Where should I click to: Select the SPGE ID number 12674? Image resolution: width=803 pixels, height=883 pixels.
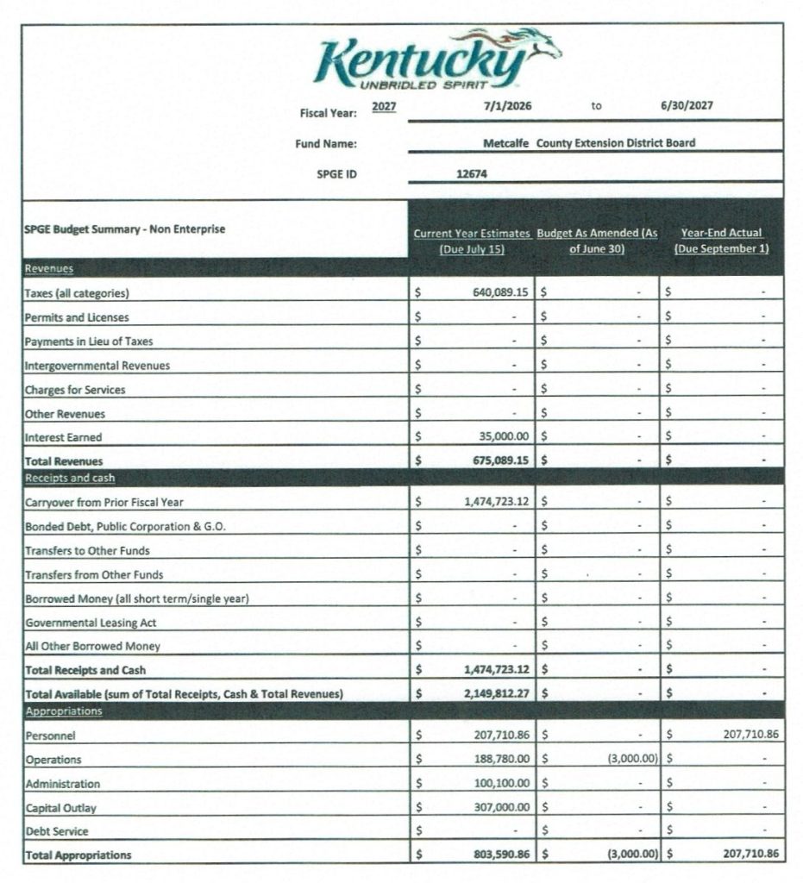pyautogui.click(x=473, y=172)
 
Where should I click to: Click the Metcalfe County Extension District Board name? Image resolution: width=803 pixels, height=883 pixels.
pyautogui.click(x=589, y=143)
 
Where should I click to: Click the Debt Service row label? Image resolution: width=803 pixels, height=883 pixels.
pyautogui.click(x=57, y=831)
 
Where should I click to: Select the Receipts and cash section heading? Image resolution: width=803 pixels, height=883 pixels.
pyautogui.click(x=70, y=478)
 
